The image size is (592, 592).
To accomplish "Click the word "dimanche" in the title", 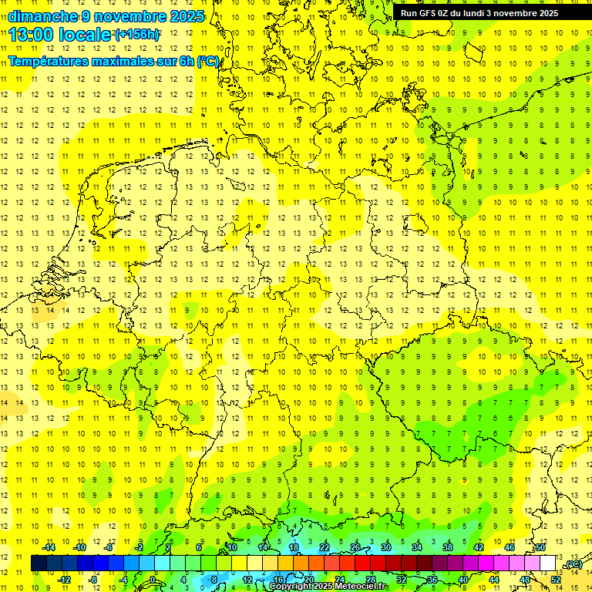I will point(42,16).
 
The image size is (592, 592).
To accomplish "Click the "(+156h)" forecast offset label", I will point(136,35).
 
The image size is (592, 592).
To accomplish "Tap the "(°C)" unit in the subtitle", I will point(208,61).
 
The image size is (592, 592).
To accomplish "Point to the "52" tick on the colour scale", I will point(556,580).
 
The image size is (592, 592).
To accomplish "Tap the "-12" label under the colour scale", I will point(64,580).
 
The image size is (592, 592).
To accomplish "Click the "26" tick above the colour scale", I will point(355,547).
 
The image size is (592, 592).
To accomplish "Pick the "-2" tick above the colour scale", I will point(140,547).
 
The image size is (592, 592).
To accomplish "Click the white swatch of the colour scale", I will point(548,563).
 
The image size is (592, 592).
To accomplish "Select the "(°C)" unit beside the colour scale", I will point(573,564).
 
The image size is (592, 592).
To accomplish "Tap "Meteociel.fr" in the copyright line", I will point(361,587).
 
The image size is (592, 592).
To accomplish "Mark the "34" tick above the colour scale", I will point(417,547).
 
